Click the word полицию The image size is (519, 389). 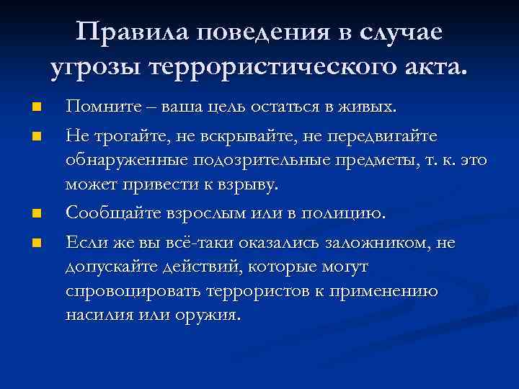[350, 213]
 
